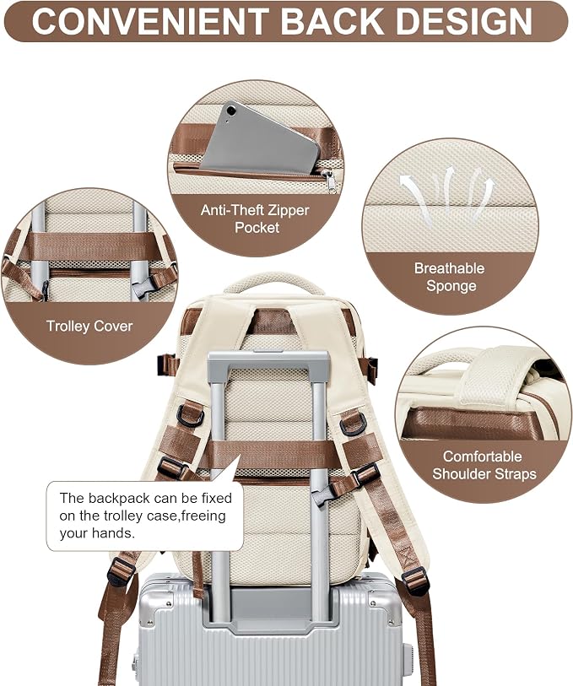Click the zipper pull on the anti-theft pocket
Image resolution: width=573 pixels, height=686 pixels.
[x=330, y=181]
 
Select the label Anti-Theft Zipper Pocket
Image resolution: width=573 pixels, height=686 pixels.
[x=256, y=219]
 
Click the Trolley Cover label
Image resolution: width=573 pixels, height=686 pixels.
[x=89, y=326]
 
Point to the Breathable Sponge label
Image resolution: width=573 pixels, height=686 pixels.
[x=450, y=277]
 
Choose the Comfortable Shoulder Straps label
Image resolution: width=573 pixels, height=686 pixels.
[x=484, y=465]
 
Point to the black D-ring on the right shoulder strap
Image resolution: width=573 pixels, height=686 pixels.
[x=352, y=424]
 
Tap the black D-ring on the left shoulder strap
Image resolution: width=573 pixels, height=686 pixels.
[x=190, y=414]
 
